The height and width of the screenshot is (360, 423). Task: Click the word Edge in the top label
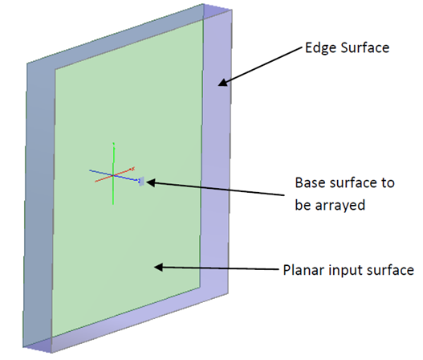(321, 48)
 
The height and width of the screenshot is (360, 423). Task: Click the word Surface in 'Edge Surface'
(365, 47)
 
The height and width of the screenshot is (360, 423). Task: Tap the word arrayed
(340, 206)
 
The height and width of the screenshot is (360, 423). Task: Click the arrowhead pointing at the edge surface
(223, 83)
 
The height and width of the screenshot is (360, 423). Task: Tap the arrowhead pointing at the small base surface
(151, 183)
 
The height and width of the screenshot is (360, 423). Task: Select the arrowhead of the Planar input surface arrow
(158, 268)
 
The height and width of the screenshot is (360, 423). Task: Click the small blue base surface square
(141, 182)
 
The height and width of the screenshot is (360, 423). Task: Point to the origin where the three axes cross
(113, 175)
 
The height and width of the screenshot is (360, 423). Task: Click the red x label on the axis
(133, 169)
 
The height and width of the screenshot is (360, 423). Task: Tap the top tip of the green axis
(113, 143)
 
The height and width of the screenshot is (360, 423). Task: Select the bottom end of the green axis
(113, 204)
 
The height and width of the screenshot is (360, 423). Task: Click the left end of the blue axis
(90, 170)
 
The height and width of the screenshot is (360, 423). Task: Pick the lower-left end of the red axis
(96, 182)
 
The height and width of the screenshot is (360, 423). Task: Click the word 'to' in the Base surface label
(388, 183)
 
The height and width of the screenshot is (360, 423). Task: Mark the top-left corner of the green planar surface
(55, 70)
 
